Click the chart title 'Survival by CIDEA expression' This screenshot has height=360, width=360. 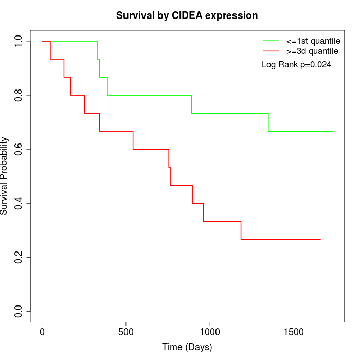[x=187, y=15]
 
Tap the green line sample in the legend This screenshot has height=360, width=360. [x=271, y=41]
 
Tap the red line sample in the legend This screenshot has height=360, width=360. [x=271, y=51]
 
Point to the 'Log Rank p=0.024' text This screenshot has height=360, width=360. [x=296, y=65]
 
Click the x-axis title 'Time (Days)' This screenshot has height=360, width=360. [x=187, y=347]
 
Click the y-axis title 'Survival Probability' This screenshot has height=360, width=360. [x=5, y=176]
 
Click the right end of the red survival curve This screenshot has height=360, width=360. [x=320, y=239]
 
